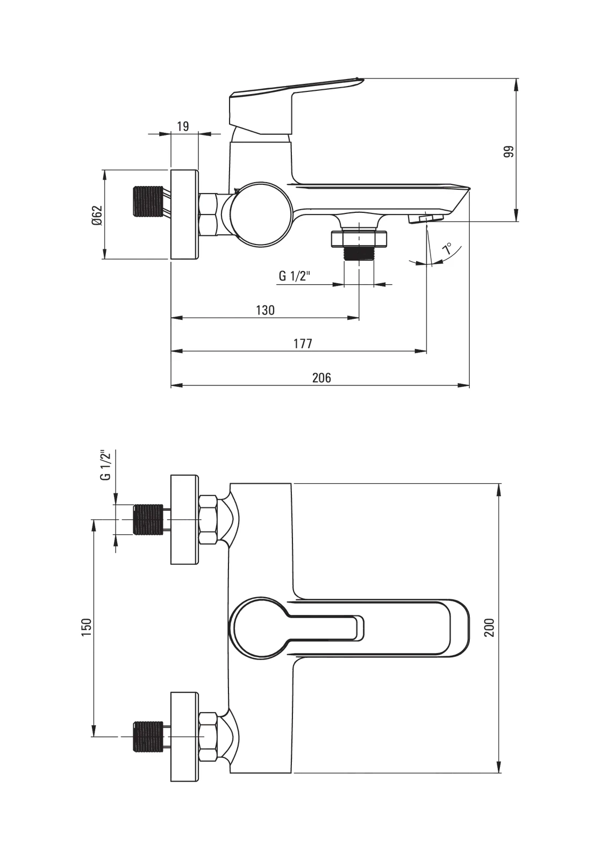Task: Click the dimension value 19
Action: point(183,126)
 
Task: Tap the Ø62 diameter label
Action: point(97,215)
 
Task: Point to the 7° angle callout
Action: point(447,249)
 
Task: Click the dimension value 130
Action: point(265,310)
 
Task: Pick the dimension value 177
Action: point(303,344)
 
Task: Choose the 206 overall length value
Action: point(321,378)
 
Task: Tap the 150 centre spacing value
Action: point(87,627)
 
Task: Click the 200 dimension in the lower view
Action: point(489,627)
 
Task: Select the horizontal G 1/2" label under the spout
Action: point(295,276)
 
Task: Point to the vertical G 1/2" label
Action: point(106,465)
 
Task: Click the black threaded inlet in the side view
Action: point(147,201)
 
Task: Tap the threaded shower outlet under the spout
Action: point(359,253)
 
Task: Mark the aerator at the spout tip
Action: point(426,218)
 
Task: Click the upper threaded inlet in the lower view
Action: point(147,519)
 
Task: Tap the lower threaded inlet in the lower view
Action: point(147,736)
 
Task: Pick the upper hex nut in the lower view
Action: point(208,520)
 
